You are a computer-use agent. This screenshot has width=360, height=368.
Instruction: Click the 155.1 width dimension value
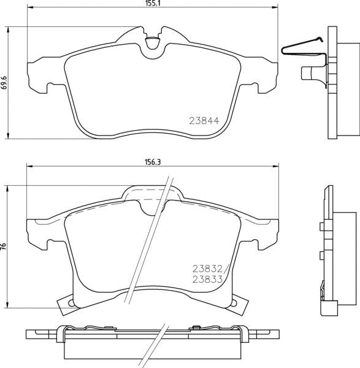pyautogui.click(x=154, y=4)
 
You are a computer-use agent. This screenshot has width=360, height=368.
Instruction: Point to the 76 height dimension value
pyautogui.click(x=4, y=245)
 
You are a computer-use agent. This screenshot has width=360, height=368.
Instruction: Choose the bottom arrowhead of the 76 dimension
pyautogui.click(x=8, y=304)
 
